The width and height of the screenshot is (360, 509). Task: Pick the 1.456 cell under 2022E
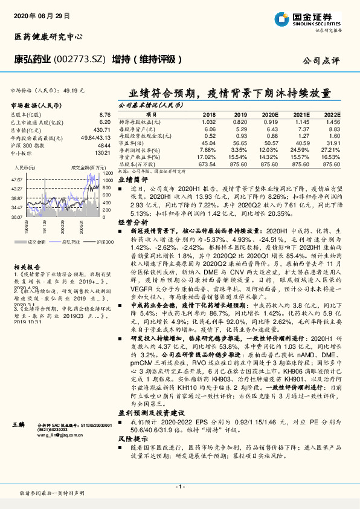[332, 122]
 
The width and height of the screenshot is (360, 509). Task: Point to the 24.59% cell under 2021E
[300, 150]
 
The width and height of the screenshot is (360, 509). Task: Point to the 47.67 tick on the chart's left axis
[17, 180]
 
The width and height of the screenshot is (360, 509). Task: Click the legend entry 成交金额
[36, 241]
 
